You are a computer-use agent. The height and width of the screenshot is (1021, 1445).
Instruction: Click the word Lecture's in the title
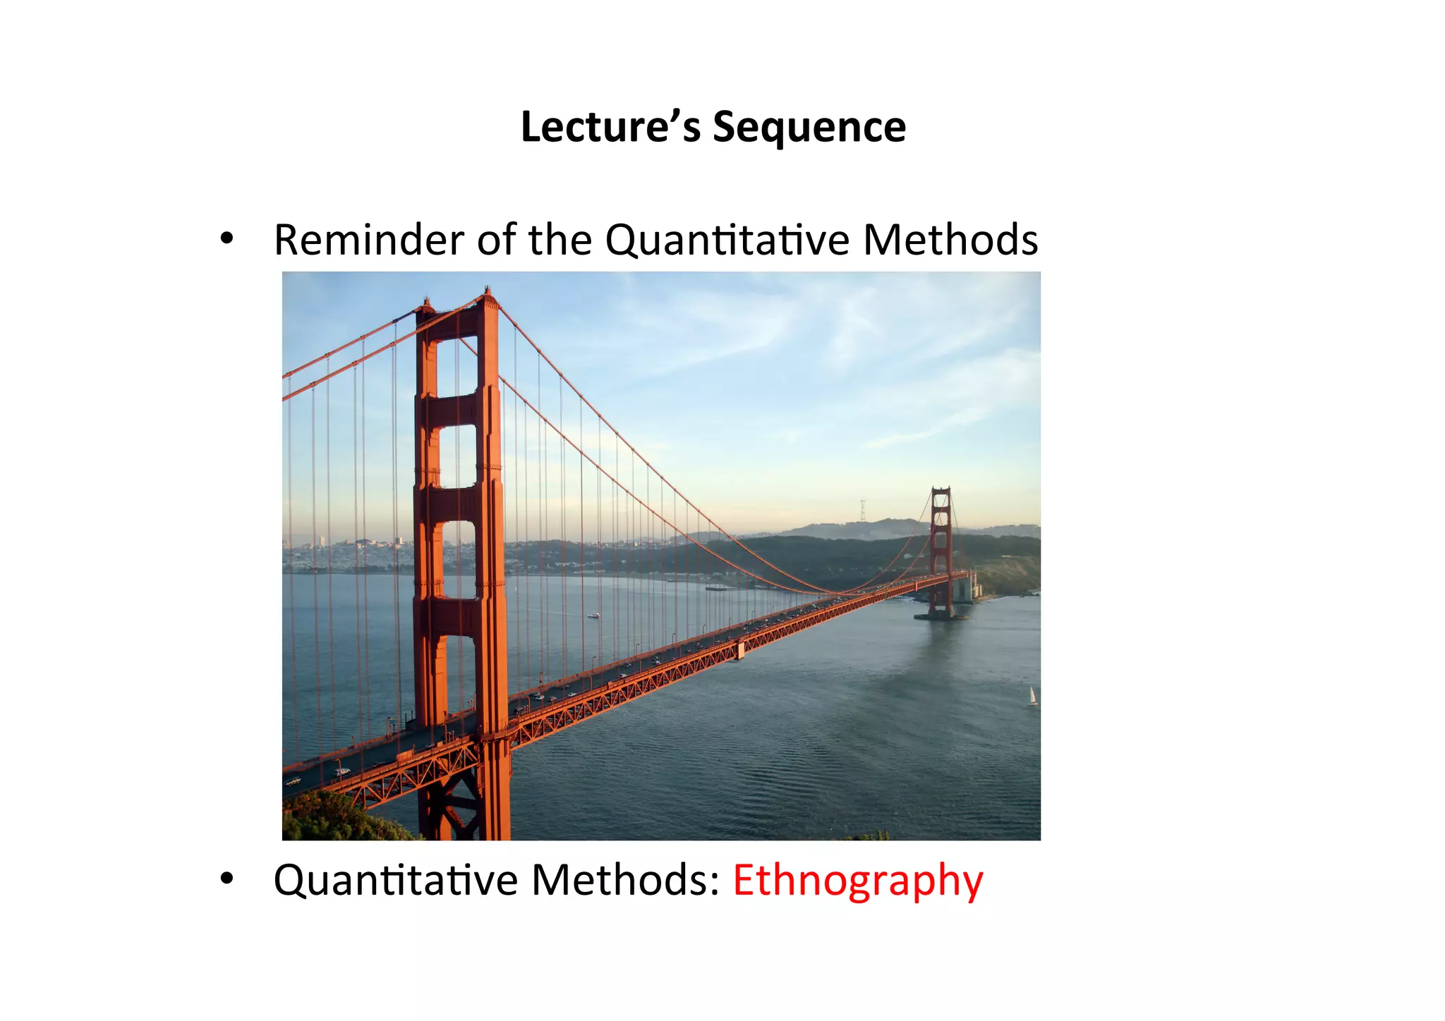click(x=610, y=127)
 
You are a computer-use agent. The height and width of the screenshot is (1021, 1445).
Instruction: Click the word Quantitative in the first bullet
click(x=728, y=240)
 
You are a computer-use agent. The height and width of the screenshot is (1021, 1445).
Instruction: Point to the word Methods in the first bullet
click(x=950, y=240)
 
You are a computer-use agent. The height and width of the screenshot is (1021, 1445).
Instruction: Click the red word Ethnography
click(x=857, y=881)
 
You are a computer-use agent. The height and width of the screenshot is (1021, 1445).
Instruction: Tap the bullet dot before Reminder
click(x=226, y=239)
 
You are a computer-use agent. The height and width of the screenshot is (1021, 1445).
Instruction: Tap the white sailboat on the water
click(x=1032, y=696)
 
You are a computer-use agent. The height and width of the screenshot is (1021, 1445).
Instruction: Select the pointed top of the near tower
click(x=488, y=293)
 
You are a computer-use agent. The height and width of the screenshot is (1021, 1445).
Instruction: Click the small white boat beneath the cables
click(x=593, y=615)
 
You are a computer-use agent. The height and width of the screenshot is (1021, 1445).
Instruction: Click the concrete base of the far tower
click(x=940, y=615)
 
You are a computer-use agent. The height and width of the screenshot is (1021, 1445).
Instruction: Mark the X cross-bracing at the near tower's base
click(x=452, y=804)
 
